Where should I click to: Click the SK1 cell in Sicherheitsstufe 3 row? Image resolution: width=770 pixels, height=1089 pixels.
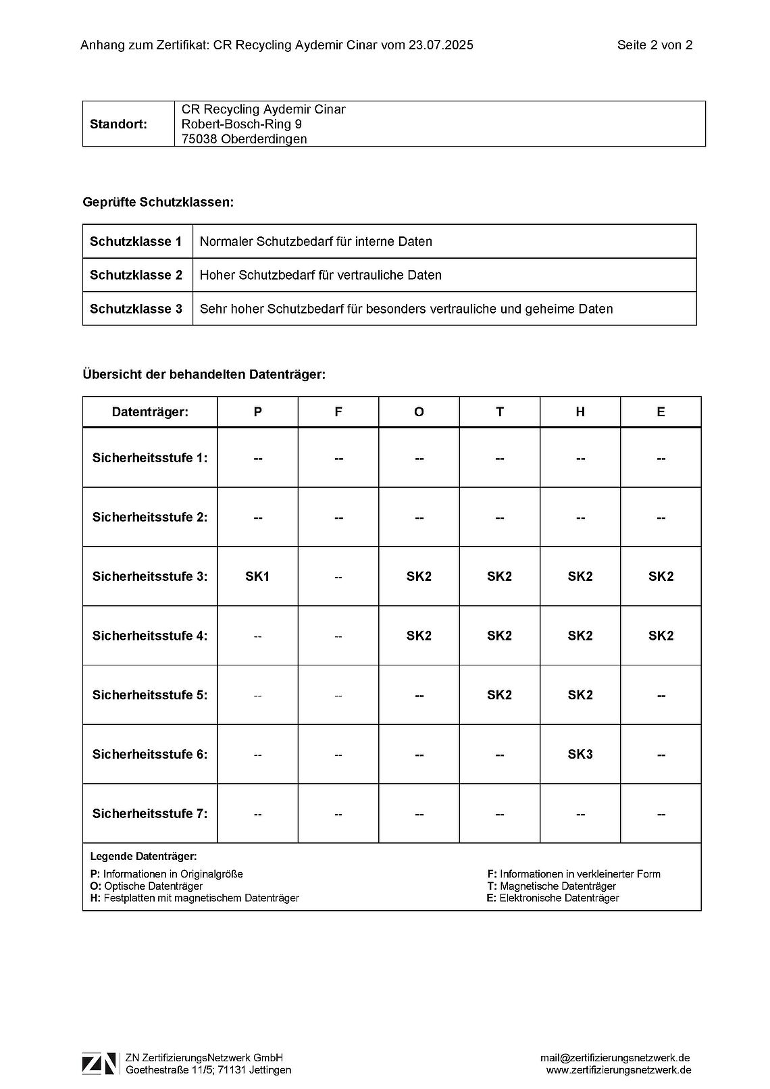point(257,576)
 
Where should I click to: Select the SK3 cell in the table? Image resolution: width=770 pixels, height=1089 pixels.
point(580,754)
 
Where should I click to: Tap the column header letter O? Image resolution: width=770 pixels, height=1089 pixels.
point(419,412)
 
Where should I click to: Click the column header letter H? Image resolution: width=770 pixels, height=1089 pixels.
point(580,412)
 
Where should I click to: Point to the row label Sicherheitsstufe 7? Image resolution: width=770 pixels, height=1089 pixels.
point(150,813)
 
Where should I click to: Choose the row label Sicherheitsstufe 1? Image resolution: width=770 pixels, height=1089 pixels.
point(150,457)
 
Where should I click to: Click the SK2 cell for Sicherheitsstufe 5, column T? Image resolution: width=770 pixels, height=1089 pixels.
point(499,694)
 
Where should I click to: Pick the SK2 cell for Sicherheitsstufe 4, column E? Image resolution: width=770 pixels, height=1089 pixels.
point(661,636)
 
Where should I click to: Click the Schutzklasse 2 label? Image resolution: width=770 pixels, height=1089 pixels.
point(136,275)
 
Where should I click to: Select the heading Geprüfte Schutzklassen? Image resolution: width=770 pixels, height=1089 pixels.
point(158,202)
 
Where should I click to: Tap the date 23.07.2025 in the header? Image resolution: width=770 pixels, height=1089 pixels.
point(440,45)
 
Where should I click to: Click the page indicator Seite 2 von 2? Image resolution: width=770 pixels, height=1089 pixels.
point(654,45)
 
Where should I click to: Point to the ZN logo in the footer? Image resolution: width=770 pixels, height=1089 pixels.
point(99,1063)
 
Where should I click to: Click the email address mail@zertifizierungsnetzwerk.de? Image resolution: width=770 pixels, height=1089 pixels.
point(615,1058)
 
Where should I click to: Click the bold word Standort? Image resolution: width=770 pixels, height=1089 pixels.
point(118,124)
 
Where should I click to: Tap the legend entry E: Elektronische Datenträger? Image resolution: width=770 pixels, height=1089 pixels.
point(553,898)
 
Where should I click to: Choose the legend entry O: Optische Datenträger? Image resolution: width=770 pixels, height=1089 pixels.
point(146,886)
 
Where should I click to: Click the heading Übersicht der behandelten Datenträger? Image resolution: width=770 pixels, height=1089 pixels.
point(204,374)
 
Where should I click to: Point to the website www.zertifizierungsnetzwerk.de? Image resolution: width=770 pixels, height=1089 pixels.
point(619,1070)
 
